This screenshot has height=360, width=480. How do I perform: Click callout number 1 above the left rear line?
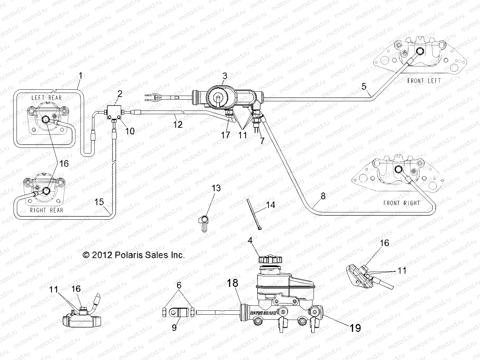click(80, 76)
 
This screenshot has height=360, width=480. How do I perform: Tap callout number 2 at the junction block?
click(120, 94)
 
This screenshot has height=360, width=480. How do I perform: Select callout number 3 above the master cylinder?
click(224, 76)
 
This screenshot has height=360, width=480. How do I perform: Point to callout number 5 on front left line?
click(364, 87)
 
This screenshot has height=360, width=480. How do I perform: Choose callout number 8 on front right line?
click(323, 196)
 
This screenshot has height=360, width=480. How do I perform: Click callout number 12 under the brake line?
click(178, 124)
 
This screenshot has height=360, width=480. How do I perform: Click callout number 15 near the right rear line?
click(99, 202)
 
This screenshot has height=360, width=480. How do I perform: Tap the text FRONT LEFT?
click(424, 81)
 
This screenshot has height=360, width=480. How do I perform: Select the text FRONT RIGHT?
click(401, 203)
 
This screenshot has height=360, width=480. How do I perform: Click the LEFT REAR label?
click(46, 98)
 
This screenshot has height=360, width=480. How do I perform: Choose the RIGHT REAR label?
click(46, 210)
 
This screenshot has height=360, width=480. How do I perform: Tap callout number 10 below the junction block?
click(130, 131)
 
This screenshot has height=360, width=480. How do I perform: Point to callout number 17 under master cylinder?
click(226, 135)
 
